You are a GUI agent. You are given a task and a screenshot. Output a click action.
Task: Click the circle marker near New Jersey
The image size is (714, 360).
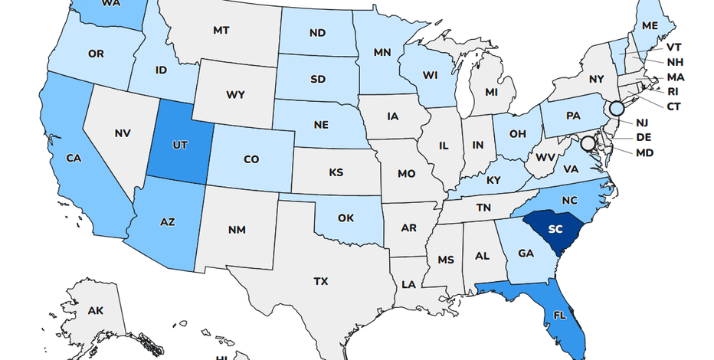coord(616,109)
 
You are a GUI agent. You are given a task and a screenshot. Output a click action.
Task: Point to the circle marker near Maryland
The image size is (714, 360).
coord(588,143)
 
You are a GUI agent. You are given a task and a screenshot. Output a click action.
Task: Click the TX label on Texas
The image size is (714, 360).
coord(320,282)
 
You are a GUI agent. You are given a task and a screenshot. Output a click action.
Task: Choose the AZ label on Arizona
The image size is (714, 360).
coord(168,222)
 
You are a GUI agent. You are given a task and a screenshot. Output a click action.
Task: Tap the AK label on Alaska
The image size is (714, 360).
coord(95,311)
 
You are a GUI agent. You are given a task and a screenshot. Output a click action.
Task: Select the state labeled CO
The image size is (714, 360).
coord(251,159)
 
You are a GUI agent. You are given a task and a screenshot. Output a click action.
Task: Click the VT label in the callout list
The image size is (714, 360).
coord(673,47)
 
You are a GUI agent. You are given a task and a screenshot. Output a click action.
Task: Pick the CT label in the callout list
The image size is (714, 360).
coord(673,106)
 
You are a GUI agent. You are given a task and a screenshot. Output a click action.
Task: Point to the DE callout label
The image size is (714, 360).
coord(644,138)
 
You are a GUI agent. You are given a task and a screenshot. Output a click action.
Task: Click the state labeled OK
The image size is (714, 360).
coord(346,218)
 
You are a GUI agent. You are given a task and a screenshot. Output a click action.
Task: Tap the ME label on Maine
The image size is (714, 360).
coord(650,25)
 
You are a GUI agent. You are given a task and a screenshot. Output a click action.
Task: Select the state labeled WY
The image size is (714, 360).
coord(235,96)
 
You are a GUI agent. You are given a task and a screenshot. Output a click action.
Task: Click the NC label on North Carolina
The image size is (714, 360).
coord(569,200)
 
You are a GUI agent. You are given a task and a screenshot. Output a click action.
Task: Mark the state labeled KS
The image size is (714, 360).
coord(336,172)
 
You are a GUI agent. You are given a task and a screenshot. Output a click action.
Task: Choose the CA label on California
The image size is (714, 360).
coord(74,159)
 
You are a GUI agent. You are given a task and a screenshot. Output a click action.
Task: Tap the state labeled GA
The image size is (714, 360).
coord(526,253)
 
